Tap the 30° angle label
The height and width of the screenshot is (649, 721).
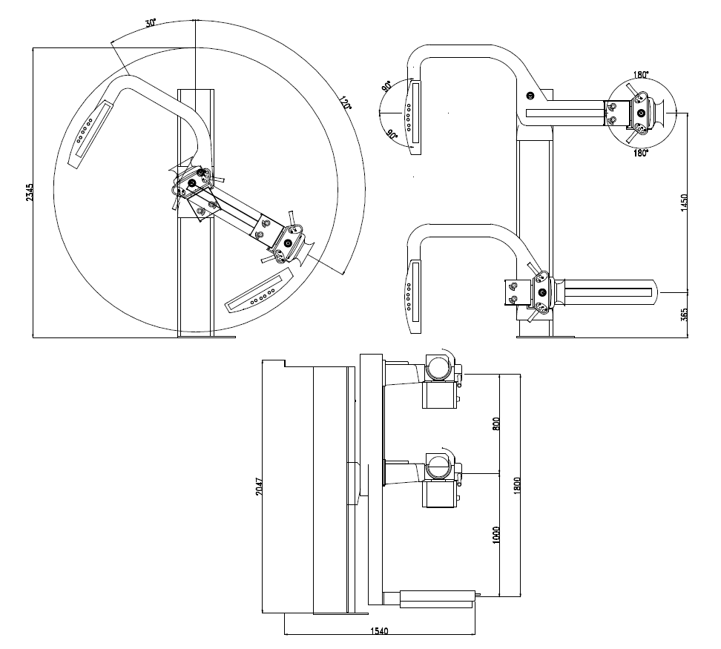point(150,23)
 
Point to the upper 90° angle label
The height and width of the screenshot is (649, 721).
point(387,87)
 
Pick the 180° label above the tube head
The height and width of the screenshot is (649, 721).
point(641,74)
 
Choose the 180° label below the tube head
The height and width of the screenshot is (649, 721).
point(641,152)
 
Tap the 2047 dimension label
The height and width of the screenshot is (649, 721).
point(259,487)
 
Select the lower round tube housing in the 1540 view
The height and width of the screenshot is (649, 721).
point(438,467)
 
